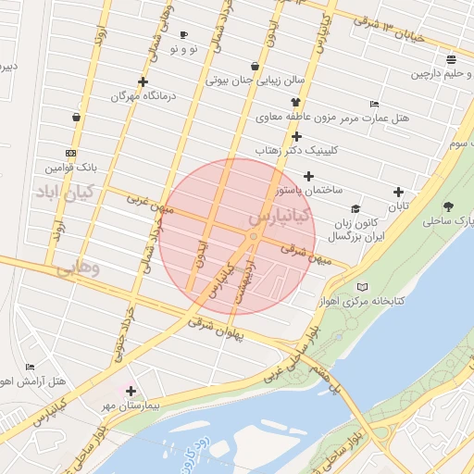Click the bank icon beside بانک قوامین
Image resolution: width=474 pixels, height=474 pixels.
point(71,153)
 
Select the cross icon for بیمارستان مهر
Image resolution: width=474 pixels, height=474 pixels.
point(131,392)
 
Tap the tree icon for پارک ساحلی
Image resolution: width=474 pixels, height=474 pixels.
point(449,206)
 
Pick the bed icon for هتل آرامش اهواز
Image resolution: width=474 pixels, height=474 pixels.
point(30,367)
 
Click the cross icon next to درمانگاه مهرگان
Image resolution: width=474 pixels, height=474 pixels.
point(142,81)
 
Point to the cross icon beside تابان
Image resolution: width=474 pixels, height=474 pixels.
point(398,193)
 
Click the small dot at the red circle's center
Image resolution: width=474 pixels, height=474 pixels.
point(253,237)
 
